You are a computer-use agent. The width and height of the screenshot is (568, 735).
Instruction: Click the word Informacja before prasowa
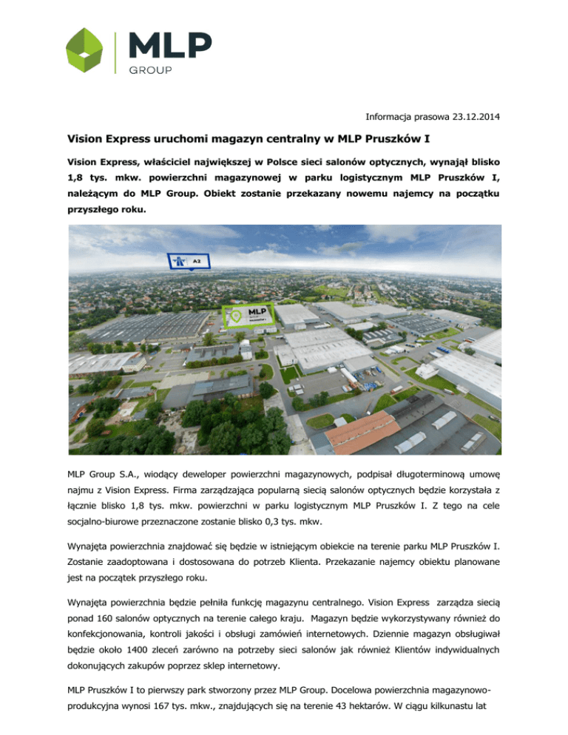point(391,114)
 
